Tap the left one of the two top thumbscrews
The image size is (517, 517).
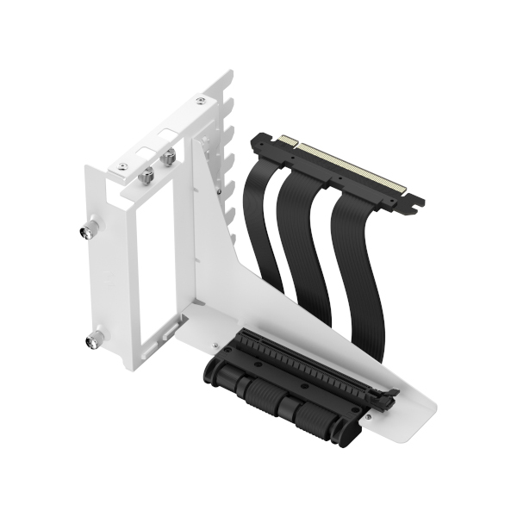point(147,175)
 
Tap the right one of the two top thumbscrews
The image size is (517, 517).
point(169,157)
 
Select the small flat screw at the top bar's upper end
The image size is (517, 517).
point(201,102)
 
